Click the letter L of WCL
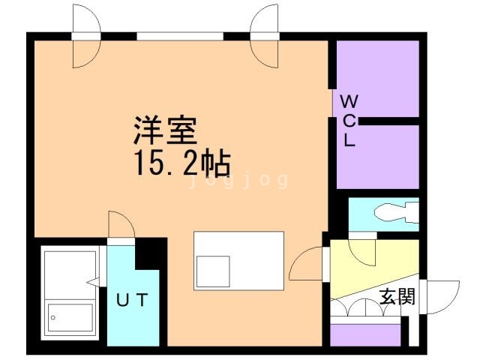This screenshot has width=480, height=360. tap(349, 139)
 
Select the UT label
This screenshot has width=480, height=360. tap(131, 301)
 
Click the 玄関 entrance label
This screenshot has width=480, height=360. tap(397, 297)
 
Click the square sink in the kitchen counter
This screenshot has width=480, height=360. tap(213, 271)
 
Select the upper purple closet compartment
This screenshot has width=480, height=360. tap(377, 77)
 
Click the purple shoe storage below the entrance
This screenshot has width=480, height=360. tap(365, 334)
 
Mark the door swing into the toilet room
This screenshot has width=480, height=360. tap(363, 250)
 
